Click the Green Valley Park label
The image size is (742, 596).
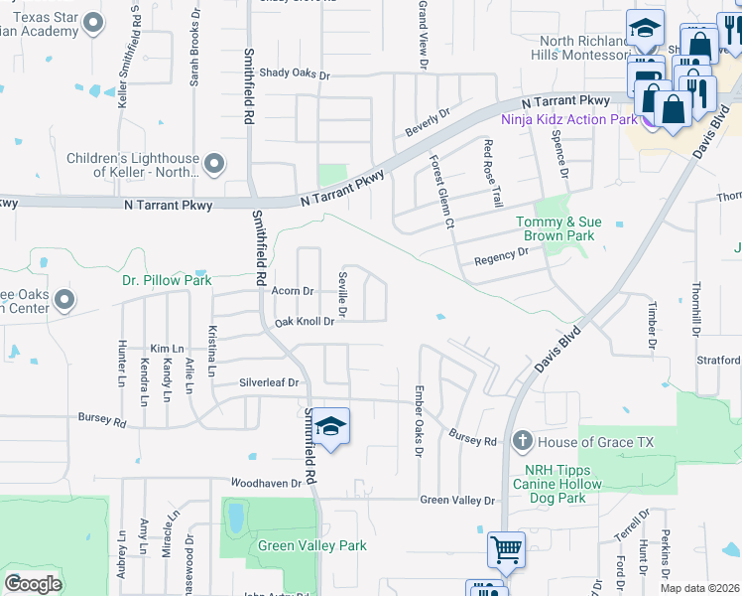tap(312, 545)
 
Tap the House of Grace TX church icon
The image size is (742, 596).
tap(524, 440)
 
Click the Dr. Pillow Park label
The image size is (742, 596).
tap(167, 280)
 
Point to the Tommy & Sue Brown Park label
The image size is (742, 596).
tap(556, 229)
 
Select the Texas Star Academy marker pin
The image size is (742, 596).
tap(94, 22)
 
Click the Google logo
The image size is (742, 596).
tap(33, 583)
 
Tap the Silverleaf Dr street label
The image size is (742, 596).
tap(269, 382)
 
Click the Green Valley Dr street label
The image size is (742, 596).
tap(456, 501)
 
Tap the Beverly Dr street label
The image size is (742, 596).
tap(428, 123)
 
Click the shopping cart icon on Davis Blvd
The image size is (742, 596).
tap(506, 549)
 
